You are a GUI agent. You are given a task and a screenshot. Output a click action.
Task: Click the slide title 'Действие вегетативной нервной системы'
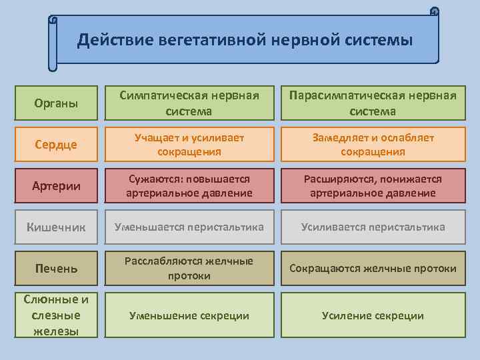(245, 40)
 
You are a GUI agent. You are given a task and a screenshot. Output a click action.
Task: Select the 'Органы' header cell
(56, 103)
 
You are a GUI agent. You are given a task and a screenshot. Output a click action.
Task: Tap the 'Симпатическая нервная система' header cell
(189, 103)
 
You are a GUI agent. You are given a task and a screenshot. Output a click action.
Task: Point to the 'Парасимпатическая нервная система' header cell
(373, 103)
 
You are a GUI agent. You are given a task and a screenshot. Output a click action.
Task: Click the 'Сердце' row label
(56, 144)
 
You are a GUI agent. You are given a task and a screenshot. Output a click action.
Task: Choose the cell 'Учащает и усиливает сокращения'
(189, 144)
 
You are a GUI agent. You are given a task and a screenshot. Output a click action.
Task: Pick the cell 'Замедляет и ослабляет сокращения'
(373, 144)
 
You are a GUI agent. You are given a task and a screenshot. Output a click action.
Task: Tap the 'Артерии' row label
(56, 185)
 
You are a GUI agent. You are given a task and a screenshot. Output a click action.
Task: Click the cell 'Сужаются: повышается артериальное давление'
(189, 185)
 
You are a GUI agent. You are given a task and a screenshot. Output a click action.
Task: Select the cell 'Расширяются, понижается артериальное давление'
(373, 185)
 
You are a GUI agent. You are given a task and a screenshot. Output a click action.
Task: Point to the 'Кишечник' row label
(56, 227)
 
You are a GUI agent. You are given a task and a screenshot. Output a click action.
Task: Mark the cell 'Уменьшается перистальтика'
(189, 227)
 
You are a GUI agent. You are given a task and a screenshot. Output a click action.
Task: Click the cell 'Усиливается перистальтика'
(373, 227)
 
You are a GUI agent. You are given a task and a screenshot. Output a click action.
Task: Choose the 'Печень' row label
(56, 268)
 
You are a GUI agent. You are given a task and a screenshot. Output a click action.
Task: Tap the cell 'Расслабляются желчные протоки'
(189, 268)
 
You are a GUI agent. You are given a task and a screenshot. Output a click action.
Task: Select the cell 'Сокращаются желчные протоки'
(373, 268)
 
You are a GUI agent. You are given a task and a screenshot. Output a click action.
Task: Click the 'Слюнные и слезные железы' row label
(56, 315)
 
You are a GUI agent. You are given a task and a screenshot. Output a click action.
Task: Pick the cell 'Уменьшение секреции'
(189, 315)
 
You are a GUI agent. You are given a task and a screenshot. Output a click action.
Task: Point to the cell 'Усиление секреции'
(373, 315)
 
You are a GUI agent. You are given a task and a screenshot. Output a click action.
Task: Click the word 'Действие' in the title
(115, 40)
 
